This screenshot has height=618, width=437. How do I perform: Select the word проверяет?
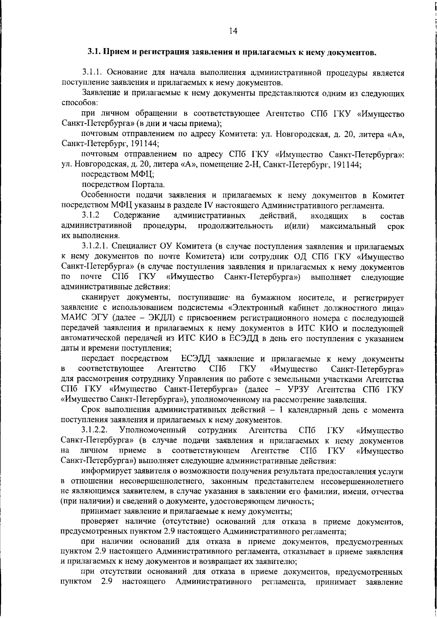pyautogui.click(x=100, y=523)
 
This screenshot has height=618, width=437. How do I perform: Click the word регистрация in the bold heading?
pyautogui.click(x=164, y=52)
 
